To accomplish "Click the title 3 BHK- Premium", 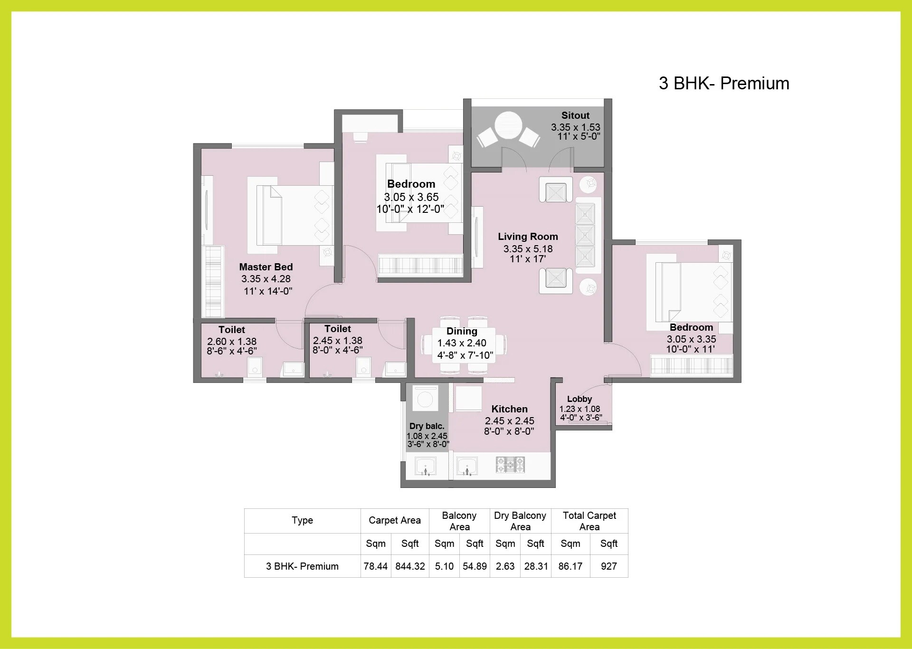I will (723, 83).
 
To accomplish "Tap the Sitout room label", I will (575, 115).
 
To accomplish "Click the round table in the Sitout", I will (508, 125).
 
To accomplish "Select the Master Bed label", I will (266, 267).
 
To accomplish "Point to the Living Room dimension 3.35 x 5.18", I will (528, 248).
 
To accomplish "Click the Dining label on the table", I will (462, 331).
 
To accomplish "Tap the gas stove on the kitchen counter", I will (511, 464).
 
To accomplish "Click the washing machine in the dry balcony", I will (425, 398).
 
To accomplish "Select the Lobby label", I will (579, 399).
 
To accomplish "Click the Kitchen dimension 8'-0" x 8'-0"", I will (509, 431).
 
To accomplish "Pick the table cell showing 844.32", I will (410, 566).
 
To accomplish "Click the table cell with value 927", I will (608, 566).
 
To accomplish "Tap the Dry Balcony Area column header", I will (520, 521).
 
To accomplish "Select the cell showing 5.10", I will (444, 566).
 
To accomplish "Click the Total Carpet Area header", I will (589, 521).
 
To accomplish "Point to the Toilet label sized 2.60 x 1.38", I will (232, 330).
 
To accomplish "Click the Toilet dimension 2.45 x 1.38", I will (337, 341).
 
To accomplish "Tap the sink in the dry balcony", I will (426, 466).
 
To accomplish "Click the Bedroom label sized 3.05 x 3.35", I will (691, 327).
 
